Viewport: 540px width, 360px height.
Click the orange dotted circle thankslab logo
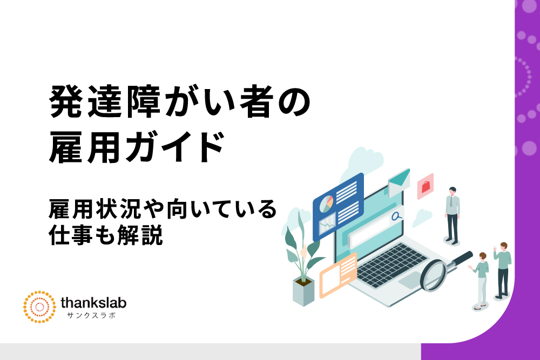click(x=39, y=307)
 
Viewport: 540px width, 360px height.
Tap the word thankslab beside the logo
click(x=93, y=303)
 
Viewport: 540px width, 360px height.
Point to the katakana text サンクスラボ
click(x=91, y=315)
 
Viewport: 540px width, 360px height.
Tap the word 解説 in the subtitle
click(x=140, y=235)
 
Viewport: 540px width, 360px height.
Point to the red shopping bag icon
click(x=426, y=186)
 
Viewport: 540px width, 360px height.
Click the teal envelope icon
click(x=399, y=181)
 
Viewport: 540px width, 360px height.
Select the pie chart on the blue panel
click(x=326, y=204)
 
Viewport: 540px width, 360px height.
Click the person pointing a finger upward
click(x=502, y=270)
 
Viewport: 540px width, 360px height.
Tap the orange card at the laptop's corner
click(x=338, y=275)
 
